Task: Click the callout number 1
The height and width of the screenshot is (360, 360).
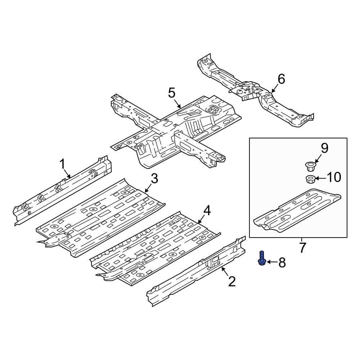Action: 62,164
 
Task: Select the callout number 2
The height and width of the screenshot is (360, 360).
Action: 232,282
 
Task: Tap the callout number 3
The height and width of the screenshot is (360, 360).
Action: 154,179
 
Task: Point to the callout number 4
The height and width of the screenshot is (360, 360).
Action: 207,211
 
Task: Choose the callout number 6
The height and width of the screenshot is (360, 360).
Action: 281,79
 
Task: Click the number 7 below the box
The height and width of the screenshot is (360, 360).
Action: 303,247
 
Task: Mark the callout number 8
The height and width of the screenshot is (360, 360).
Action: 282,262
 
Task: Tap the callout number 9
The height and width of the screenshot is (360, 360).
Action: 324,148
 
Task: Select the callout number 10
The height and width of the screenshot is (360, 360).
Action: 334,177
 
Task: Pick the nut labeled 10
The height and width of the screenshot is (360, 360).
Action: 310,179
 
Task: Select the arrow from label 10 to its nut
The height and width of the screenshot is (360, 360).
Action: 320,178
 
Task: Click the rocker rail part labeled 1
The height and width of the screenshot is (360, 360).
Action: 62,190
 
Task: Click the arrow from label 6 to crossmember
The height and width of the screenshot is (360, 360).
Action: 275,88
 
